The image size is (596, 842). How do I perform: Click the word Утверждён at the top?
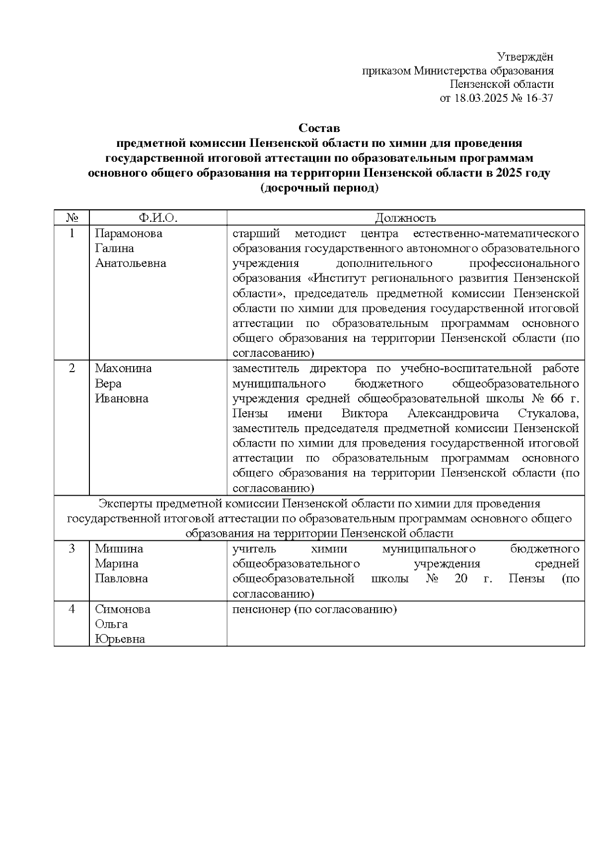(x=525, y=57)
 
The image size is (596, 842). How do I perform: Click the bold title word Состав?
(x=319, y=128)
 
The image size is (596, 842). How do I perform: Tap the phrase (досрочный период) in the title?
(x=319, y=189)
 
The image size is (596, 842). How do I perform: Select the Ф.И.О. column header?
(x=158, y=218)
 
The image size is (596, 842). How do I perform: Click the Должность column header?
(x=405, y=218)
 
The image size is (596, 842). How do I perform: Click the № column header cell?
(x=72, y=218)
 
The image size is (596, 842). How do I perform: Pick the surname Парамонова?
(x=129, y=233)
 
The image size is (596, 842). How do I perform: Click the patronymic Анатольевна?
(x=131, y=263)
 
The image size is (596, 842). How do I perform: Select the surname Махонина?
(x=123, y=368)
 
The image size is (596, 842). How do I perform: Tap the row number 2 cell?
(x=72, y=368)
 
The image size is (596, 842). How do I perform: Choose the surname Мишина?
(x=119, y=549)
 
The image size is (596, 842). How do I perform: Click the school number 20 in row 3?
(x=461, y=579)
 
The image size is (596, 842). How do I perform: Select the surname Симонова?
(x=122, y=609)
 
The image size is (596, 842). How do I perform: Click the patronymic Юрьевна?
(x=120, y=639)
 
